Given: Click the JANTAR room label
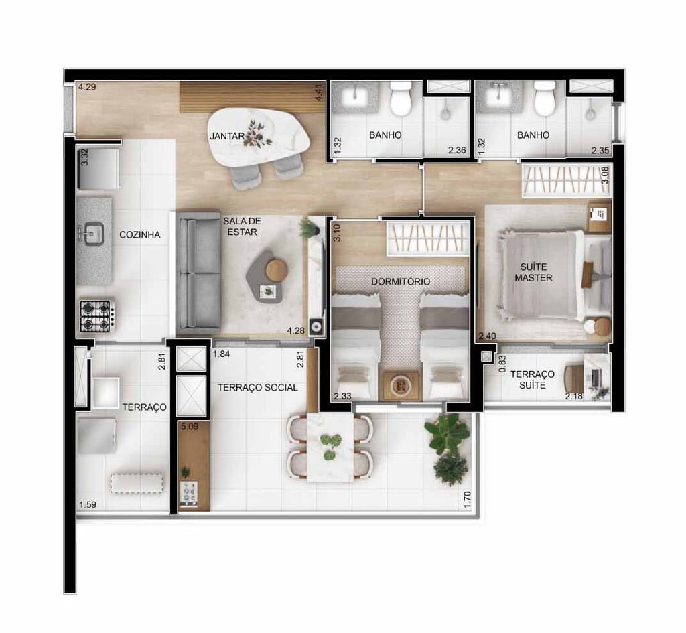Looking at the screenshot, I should click(x=222, y=136).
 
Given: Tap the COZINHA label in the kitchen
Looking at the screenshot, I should click(x=139, y=234).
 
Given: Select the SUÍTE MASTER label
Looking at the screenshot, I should click(x=533, y=272).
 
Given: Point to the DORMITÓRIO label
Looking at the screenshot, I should click(x=401, y=281).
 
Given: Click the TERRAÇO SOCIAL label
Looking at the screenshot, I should click(x=257, y=387).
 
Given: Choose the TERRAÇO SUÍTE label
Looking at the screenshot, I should click(x=532, y=380).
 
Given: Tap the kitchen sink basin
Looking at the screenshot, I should click(x=92, y=234).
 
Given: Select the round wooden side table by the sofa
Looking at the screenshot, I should click(x=276, y=270).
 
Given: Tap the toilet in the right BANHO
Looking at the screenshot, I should click(x=545, y=98).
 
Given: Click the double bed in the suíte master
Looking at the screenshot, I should click(x=543, y=275).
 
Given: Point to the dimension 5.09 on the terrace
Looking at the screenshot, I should click(x=188, y=425).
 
